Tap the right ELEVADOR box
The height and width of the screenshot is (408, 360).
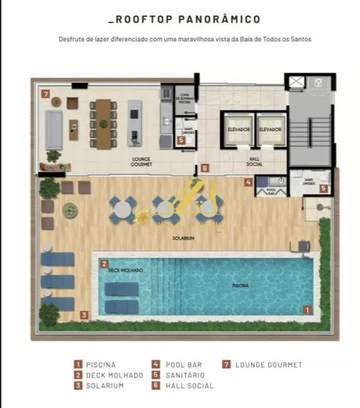tap(271, 129)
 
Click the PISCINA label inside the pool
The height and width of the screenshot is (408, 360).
tap(240, 286)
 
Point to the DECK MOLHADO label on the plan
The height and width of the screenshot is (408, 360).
tap(125, 270)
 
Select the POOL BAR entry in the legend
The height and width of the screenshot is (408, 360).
tap(182, 365)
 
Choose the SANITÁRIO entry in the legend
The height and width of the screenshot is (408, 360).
tap(184, 375)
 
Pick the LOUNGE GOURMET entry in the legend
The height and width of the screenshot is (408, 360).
tap(268, 365)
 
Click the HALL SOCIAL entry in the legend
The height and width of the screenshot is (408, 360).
tap(189, 386)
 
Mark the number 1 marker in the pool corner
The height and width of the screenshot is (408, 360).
tap(307, 309)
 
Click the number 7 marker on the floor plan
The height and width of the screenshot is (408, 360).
tap(45, 94)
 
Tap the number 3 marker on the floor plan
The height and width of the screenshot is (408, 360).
tap(83, 315)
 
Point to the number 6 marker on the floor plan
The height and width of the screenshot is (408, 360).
tap(204, 169)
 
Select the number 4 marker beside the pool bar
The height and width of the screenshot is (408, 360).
tap(248, 183)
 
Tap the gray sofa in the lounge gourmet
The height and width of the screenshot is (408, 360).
tap(55, 129)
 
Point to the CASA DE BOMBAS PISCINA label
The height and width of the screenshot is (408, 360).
tap(184, 95)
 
